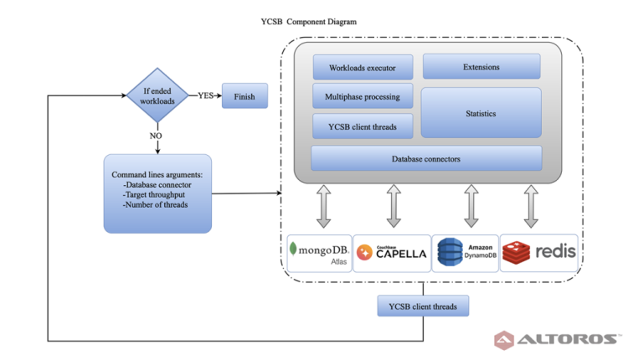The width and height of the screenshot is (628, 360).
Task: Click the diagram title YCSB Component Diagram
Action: pos(309,22)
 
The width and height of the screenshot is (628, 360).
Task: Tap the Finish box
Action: pos(245,96)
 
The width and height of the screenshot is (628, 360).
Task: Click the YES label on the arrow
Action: pos(204,95)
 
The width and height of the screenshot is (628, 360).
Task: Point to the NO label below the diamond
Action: pos(156,135)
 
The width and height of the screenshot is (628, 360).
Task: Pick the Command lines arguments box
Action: pos(157,193)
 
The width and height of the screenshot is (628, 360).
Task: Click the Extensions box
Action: pos(481,67)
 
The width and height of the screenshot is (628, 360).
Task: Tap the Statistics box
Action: pos(481,113)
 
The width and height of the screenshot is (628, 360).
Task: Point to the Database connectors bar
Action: pos(426,158)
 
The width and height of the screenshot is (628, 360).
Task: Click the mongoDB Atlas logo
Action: pos(319,253)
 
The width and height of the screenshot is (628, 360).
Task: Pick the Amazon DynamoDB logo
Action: pos(465,253)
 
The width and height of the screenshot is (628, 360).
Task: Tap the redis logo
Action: pos(539,253)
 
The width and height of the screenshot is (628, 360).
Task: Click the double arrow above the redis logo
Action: pos(531,206)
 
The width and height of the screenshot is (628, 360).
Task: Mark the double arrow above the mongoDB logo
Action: pos(324,206)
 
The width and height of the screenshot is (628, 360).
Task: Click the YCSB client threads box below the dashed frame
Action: pos(423,307)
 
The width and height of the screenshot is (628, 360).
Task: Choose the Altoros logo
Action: pos(558,340)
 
